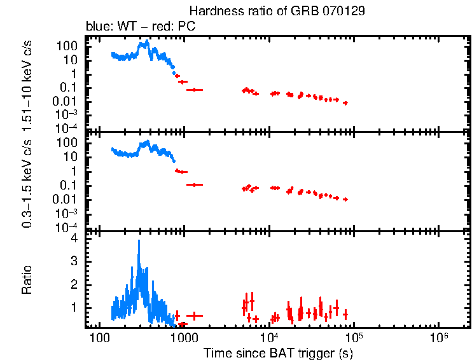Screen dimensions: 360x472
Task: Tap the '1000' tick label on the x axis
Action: (183, 336)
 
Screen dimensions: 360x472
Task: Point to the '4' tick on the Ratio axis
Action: (74, 239)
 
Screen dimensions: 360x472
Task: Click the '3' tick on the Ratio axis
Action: (74, 261)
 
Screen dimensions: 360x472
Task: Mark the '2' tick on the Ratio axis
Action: (74, 284)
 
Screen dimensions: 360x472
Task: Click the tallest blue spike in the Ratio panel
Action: (139, 242)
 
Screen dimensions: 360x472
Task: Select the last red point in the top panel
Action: (345, 102)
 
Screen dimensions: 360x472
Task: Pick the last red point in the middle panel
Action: (345, 199)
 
